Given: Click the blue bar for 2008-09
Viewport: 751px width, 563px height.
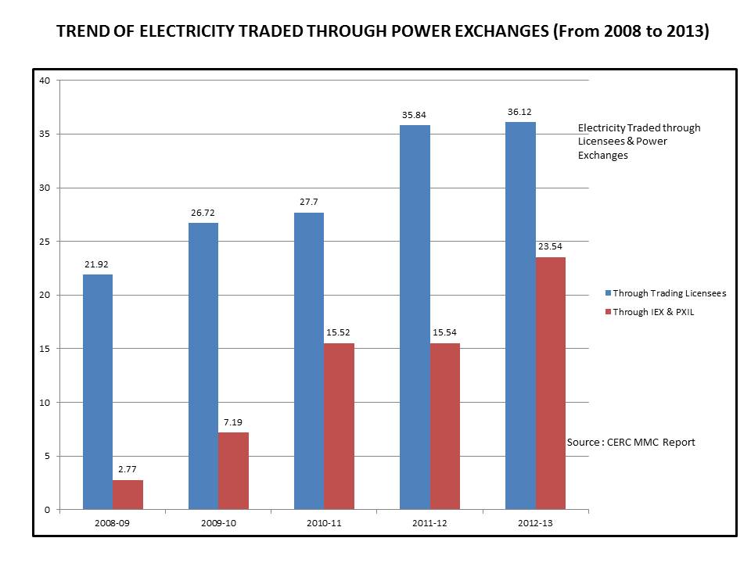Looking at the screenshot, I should click(97, 392).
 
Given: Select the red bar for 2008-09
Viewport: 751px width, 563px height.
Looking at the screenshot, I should click(128, 494).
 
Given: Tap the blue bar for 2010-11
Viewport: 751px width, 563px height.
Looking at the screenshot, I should click(308, 360).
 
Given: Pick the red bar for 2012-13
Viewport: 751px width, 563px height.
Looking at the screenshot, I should click(550, 383).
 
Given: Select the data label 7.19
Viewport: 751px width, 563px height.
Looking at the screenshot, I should click(233, 422).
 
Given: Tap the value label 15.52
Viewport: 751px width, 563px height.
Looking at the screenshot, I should click(339, 332).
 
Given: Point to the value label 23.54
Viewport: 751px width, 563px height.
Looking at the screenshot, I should click(550, 246).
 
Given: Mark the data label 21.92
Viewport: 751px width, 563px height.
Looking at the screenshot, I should click(97, 264).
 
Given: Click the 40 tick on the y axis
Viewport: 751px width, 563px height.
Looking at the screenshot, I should click(45, 81).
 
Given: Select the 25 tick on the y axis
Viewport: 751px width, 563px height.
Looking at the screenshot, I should click(45, 242).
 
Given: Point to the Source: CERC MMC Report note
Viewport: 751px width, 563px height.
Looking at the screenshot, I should click(631, 443).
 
